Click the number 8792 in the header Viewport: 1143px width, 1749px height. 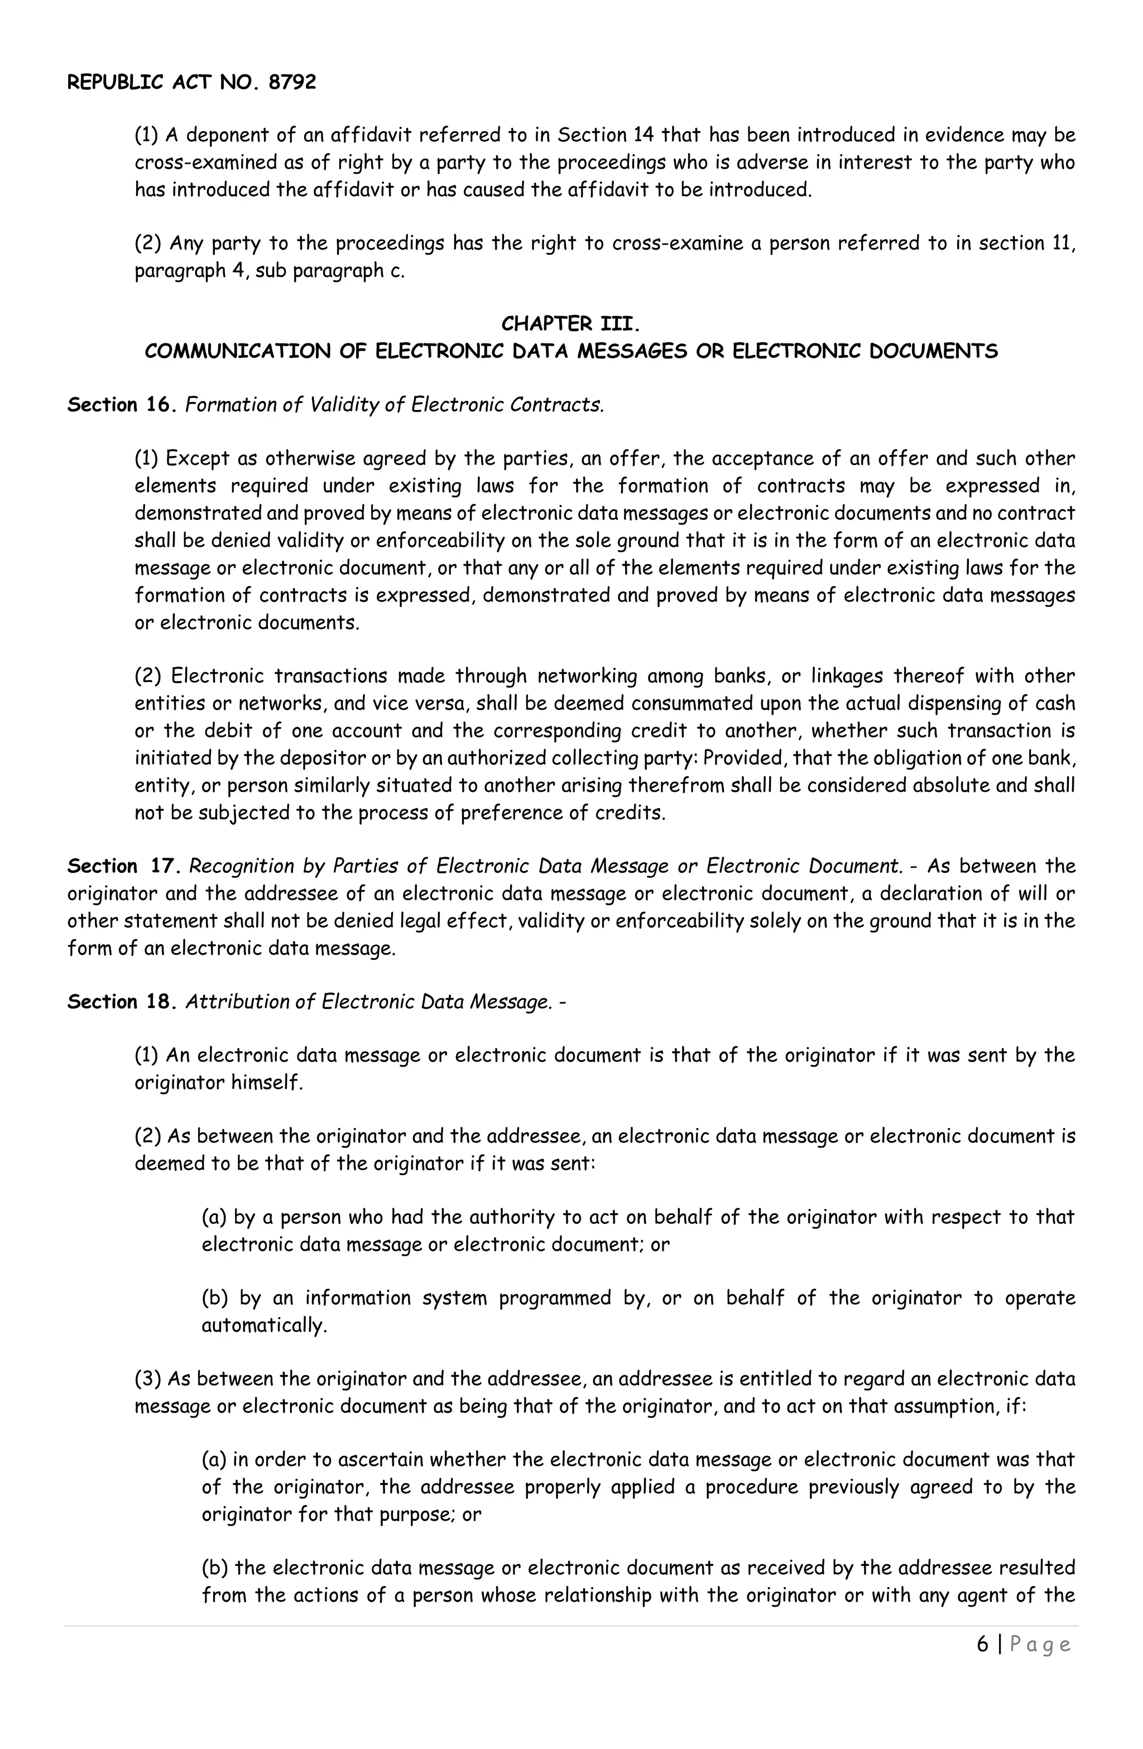[292, 82]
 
